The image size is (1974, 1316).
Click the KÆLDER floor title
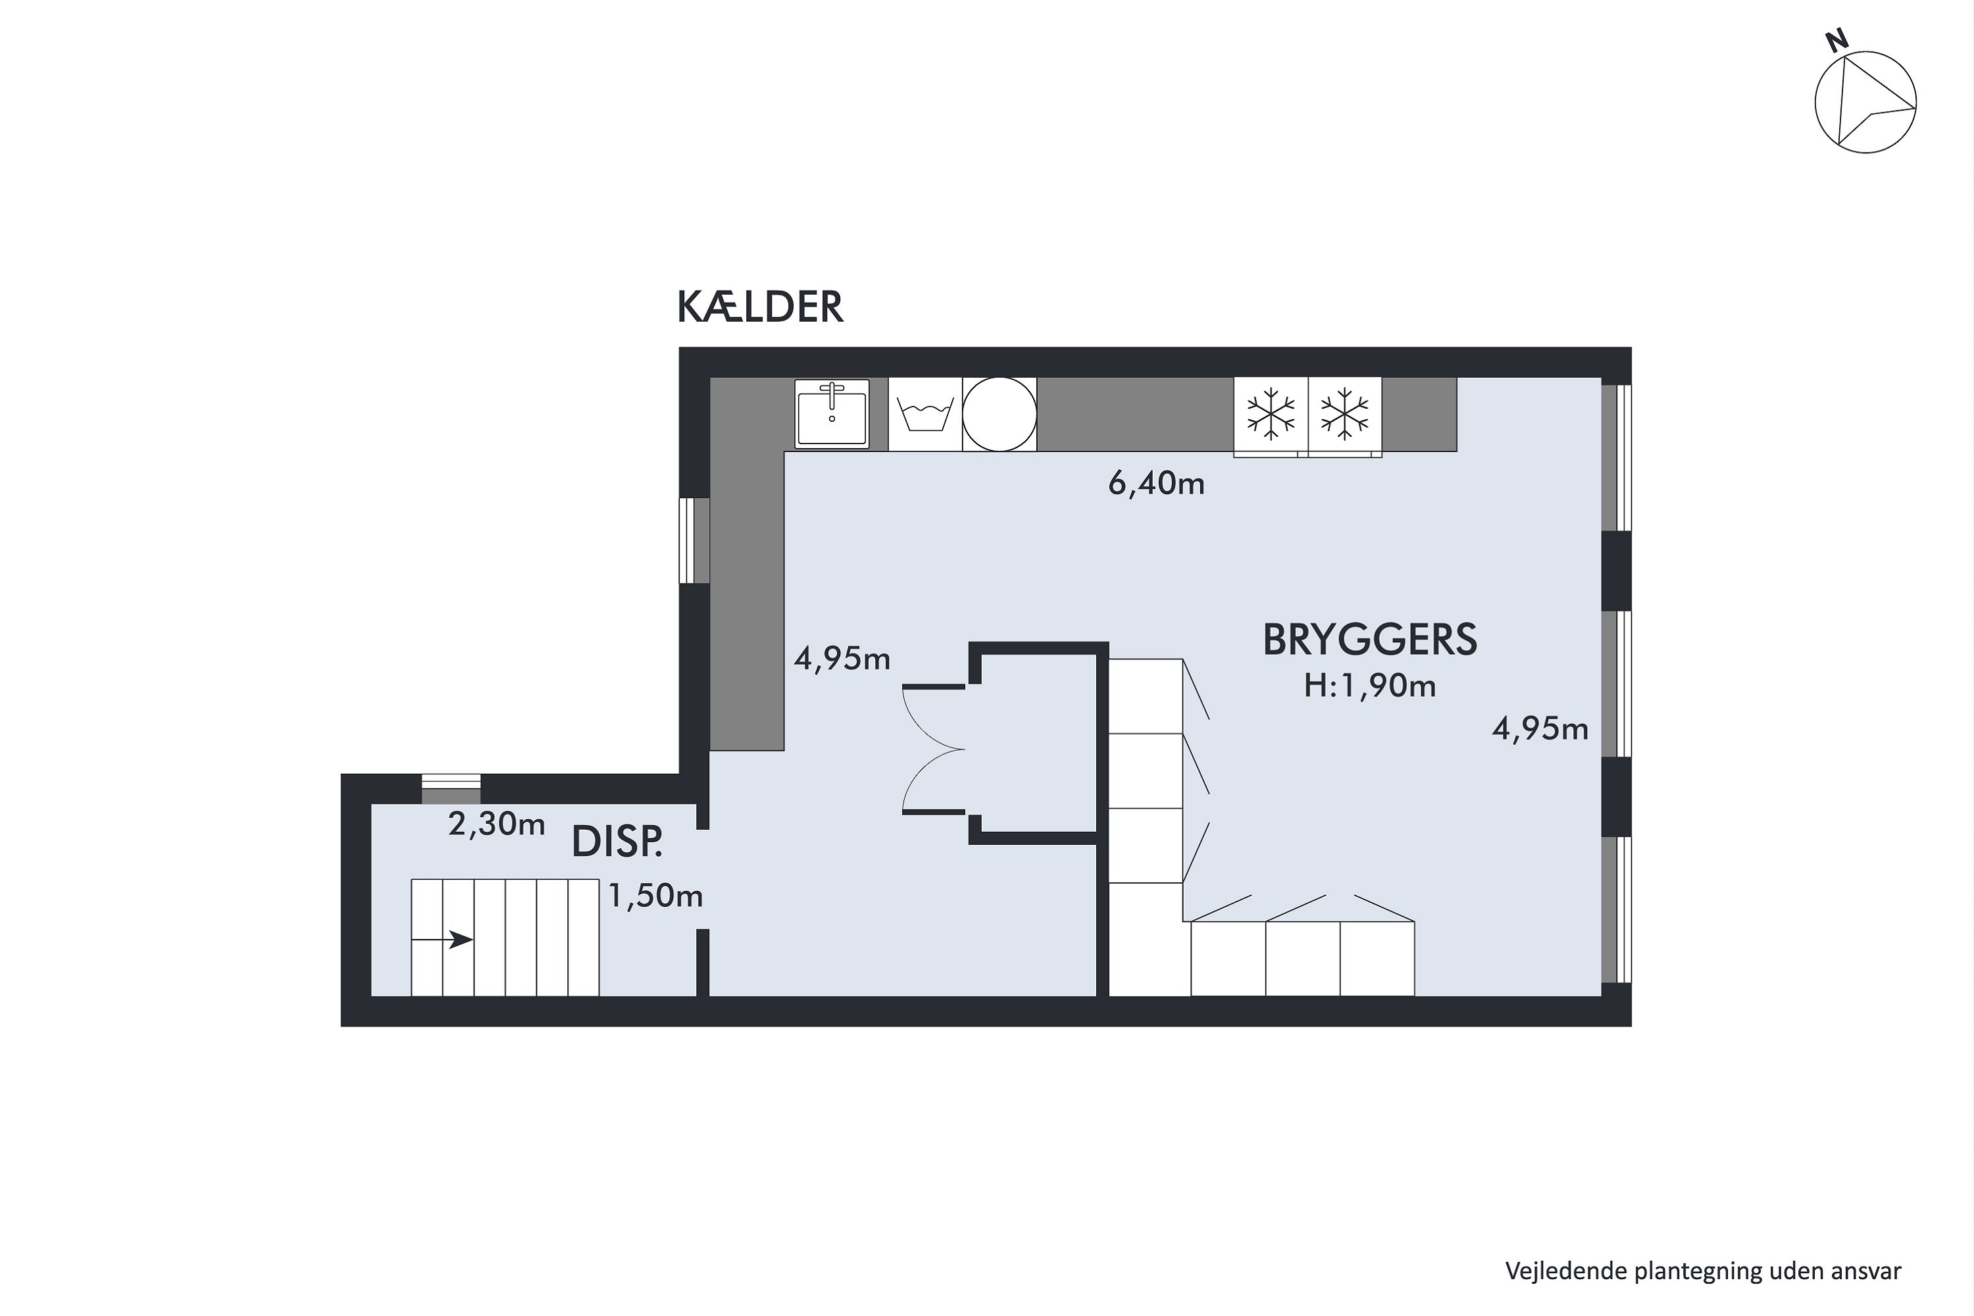[759, 307]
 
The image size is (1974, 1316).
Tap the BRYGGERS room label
[1370, 640]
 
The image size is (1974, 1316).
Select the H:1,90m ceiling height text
[1370, 686]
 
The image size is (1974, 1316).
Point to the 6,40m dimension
[1157, 484]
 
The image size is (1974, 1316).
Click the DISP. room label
[617, 843]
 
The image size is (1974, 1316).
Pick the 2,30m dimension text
[497, 824]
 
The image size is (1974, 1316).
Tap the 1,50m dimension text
[655, 896]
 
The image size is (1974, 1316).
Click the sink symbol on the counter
[832, 413]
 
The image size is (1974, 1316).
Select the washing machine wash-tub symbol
[925, 414]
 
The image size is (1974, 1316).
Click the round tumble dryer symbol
[999, 414]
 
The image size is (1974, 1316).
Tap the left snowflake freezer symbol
[1271, 414]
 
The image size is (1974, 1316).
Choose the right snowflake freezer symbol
[1344, 414]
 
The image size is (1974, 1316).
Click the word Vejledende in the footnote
[1565, 1271]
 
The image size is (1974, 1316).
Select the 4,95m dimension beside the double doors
[842, 660]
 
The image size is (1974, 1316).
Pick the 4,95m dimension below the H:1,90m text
[1540, 728]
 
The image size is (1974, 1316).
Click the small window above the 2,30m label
[451, 789]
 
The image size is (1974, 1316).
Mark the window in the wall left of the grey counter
[694, 540]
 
